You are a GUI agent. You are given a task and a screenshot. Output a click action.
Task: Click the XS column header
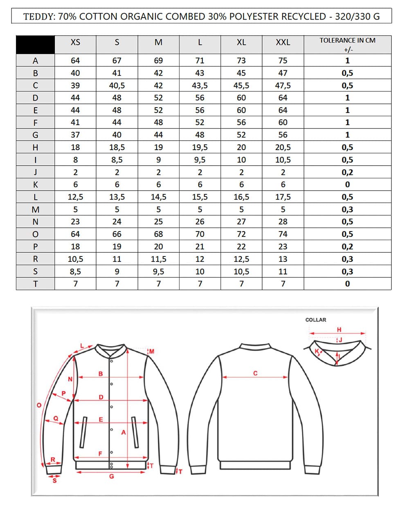(x=75, y=43)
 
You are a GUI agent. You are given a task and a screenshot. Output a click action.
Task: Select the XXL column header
(x=283, y=43)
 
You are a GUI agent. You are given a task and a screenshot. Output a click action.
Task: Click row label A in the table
(x=35, y=61)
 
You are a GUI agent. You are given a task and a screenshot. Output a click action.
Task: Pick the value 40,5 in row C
(x=117, y=85)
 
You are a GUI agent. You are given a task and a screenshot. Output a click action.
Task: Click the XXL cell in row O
(x=283, y=234)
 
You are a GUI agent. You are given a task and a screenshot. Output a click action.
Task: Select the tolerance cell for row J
(x=347, y=172)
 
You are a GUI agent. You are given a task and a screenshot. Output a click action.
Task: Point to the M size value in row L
(x=158, y=197)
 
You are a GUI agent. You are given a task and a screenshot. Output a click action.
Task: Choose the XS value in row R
(x=75, y=259)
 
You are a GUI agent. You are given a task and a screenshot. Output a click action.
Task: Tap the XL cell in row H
(x=241, y=148)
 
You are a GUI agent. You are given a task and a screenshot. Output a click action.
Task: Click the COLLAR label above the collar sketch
(x=316, y=320)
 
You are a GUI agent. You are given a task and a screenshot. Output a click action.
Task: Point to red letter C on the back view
(x=256, y=373)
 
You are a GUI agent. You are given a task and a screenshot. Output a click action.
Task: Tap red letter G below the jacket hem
(x=111, y=477)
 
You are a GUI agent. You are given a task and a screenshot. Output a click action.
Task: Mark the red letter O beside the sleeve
(x=39, y=405)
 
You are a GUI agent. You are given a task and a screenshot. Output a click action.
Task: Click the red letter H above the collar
(x=339, y=330)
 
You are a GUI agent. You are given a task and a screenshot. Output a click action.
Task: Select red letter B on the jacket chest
(x=101, y=373)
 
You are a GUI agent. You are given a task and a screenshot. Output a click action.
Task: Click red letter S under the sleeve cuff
(x=54, y=481)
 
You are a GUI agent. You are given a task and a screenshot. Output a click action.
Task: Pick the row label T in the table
(x=35, y=284)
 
